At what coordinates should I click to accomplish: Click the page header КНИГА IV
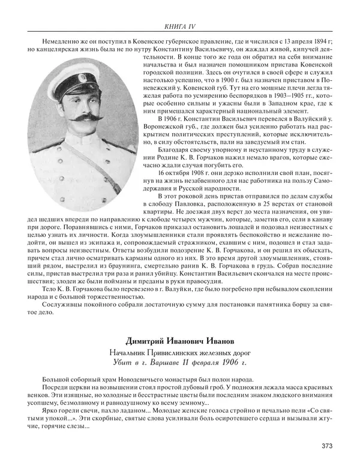tap(180, 27)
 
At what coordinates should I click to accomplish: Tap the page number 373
tap(329, 446)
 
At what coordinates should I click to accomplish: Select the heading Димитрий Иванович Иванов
tap(180, 341)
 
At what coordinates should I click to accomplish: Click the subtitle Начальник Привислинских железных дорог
tap(180, 352)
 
